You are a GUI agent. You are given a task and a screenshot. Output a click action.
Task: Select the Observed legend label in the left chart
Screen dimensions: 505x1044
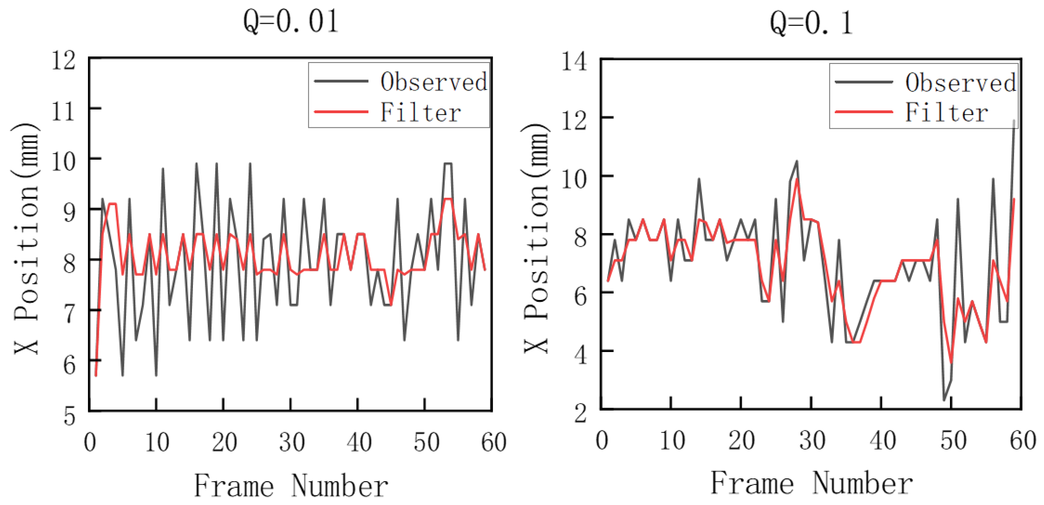[x=434, y=81]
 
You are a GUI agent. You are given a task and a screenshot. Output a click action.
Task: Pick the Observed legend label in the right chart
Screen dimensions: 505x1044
[x=960, y=82]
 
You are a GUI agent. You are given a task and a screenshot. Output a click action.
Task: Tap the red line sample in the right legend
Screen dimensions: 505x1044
[x=863, y=112]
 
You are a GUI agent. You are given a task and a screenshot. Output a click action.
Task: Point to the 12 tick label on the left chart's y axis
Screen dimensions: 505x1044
[x=64, y=61]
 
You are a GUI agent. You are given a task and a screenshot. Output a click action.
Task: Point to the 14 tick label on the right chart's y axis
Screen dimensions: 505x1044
[x=574, y=62]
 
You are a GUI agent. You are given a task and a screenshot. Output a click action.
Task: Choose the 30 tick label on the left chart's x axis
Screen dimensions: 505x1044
[x=292, y=442]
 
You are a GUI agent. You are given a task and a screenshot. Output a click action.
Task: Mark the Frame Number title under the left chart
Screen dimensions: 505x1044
[x=291, y=486]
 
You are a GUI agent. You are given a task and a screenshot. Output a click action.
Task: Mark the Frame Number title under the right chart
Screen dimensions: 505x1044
[x=811, y=483]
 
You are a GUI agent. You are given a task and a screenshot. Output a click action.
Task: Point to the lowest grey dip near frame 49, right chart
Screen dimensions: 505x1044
[x=944, y=400]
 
